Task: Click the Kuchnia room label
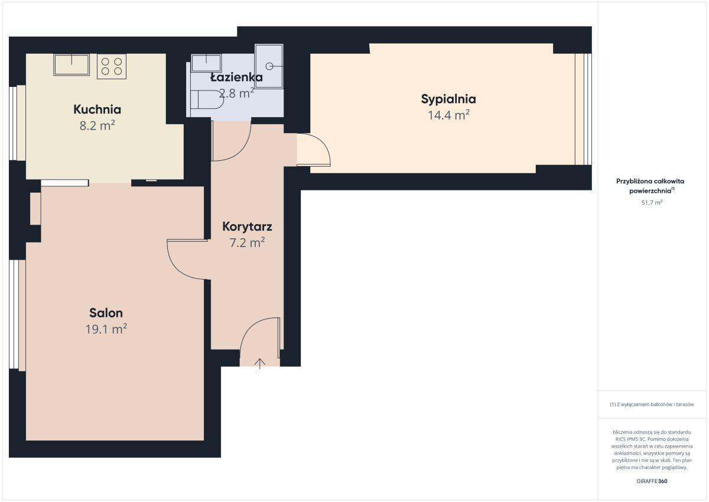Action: [97, 109]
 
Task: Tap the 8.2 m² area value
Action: [97, 125]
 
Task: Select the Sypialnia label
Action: [448, 99]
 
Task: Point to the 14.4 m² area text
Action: [448, 115]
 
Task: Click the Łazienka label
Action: [236, 77]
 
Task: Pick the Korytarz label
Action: [247, 226]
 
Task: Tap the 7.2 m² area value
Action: [247, 242]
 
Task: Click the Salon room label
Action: [106, 313]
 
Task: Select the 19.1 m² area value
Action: [106, 329]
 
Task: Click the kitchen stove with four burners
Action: [112, 66]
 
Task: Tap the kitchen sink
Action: [71, 64]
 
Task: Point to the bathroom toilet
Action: [207, 99]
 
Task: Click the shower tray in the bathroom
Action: [269, 66]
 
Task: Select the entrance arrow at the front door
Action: [260, 364]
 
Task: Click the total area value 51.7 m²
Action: [652, 202]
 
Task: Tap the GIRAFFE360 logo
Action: [652, 481]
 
